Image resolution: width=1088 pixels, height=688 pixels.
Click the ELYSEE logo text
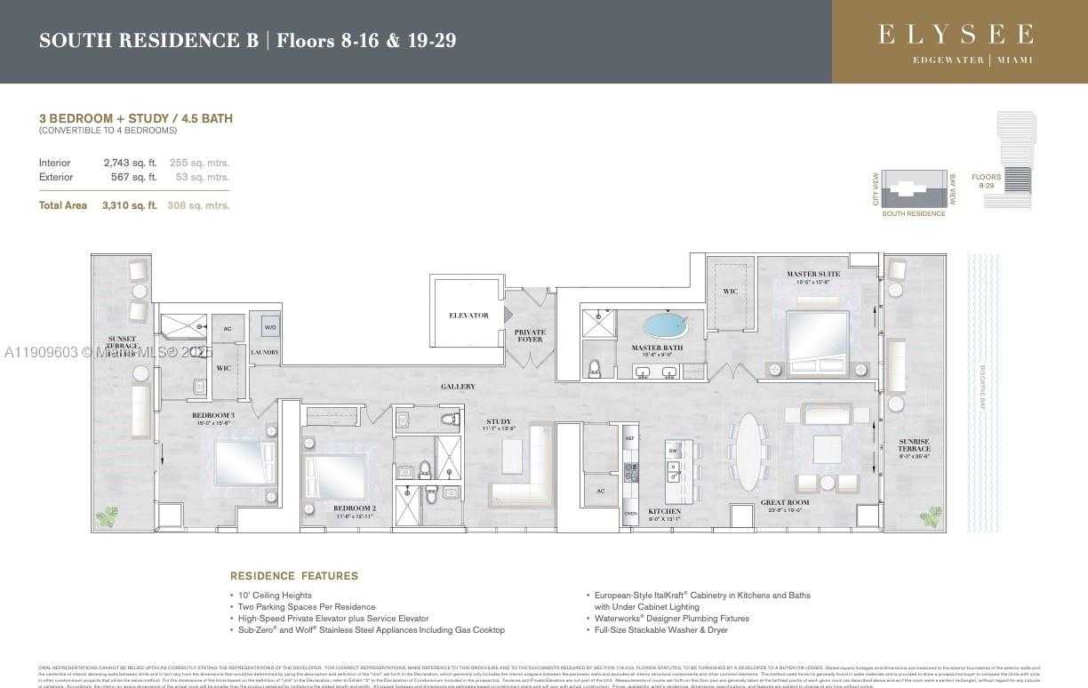[x=956, y=35]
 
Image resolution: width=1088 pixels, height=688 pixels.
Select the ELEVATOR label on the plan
[x=468, y=316]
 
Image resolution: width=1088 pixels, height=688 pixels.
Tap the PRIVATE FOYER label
[x=530, y=335]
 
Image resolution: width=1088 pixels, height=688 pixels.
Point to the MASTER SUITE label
[x=812, y=274]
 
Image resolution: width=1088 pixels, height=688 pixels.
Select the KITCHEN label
[x=664, y=511]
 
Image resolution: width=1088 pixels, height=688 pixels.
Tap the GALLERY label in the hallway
[x=457, y=387]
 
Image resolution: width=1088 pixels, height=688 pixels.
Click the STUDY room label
[x=499, y=421]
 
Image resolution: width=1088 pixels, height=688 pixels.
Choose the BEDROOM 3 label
[x=213, y=415]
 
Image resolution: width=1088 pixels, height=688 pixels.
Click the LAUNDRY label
[x=265, y=353]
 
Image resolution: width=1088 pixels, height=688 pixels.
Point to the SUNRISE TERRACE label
[x=913, y=444]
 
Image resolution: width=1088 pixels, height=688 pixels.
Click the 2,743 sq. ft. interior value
[x=130, y=163]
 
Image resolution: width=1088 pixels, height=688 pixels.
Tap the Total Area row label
[x=63, y=205]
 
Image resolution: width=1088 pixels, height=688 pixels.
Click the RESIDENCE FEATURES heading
[x=294, y=576]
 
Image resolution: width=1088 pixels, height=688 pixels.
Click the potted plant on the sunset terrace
[x=108, y=516]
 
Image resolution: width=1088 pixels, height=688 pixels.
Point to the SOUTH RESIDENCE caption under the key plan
[x=913, y=214]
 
